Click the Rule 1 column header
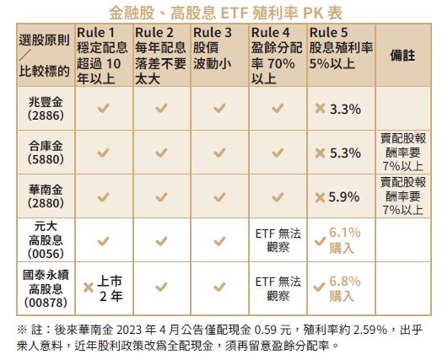(102, 56)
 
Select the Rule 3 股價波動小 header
(213, 48)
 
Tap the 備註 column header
(402, 56)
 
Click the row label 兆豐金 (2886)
(46, 109)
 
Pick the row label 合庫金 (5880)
(46, 153)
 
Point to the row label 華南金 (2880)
(46, 196)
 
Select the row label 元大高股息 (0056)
(46, 240)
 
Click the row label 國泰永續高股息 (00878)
(46, 288)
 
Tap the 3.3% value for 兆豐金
(345, 109)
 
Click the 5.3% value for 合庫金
(345, 153)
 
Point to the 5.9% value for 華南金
(344, 197)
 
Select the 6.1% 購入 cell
(344, 240)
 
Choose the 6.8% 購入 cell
(344, 288)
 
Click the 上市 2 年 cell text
(111, 288)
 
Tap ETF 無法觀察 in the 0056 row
(278, 240)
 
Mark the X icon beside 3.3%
(321, 109)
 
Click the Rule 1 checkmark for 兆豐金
(103, 108)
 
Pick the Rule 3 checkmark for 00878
(219, 287)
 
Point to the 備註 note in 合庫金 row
(402, 153)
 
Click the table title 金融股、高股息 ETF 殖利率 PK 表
(225, 13)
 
